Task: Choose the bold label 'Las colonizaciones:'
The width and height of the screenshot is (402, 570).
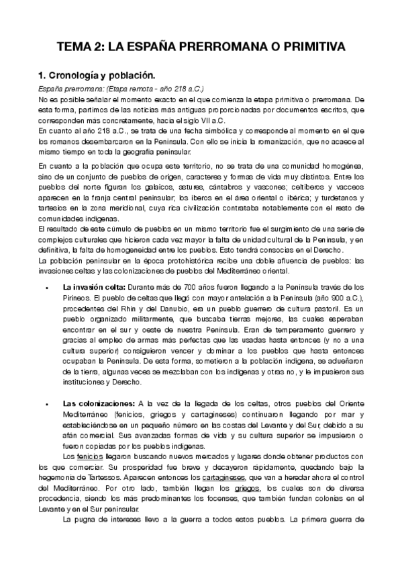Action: (98, 403)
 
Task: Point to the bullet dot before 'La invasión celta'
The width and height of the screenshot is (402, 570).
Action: (46, 287)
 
